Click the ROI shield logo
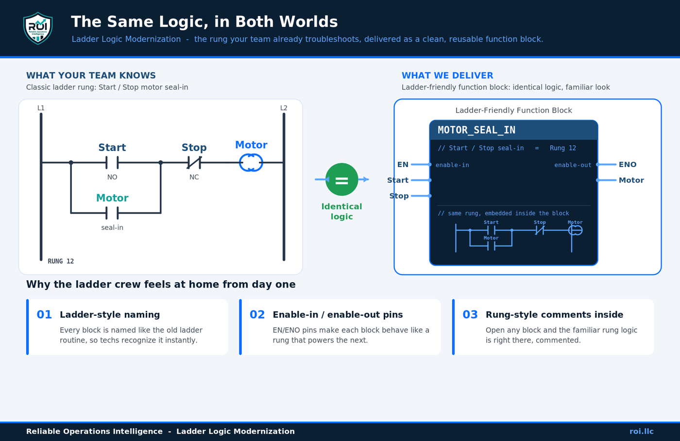[x=38, y=28]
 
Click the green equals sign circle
[x=341, y=179]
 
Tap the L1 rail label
[x=41, y=108]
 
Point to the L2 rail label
[x=284, y=108]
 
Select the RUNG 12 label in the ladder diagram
[x=61, y=261]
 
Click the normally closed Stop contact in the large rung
[x=194, y=163]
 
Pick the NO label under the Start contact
[x=112, y=177]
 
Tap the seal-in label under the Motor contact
[x=112, y=227]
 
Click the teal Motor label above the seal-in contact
[x=112, y=198]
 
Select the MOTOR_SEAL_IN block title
[x=476, y=130]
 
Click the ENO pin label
[x=628, y=165]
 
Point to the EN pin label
[x=403, y=165]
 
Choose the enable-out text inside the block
[x=573, y=165]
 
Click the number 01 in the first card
[x=44, y=315]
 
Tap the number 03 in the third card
[x=470, y=315]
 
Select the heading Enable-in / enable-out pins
[x=338, y=315]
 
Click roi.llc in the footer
[x=642, y=431]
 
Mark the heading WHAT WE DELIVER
[x=447, y=76]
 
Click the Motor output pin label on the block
[x=631, y=180]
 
